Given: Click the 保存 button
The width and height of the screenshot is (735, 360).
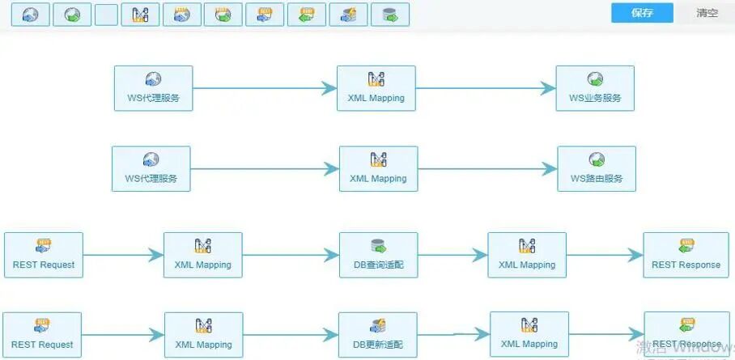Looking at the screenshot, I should click(x=642, y=13).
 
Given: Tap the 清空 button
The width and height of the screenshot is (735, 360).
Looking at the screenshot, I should click(x=707, y=13).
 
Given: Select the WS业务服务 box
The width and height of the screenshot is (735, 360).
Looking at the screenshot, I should click(x=595, y=88).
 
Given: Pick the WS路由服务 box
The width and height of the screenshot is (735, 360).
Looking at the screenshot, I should click(x=597, y=168).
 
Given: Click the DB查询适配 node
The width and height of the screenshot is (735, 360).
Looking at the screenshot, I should click(x=379, y=255).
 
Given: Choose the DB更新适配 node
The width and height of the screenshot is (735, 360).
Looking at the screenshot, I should click(x=379, y=335).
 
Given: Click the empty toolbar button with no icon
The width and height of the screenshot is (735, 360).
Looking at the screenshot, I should click(x=106, y=15).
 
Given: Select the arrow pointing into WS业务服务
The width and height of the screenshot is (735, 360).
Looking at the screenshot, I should click(x=486, y=88).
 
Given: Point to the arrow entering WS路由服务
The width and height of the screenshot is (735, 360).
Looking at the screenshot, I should click(x=487, y=168).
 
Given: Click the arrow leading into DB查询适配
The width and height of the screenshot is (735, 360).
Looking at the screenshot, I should click(x=291, y=255).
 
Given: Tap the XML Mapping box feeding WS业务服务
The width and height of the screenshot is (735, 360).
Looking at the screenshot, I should click(x=376, y=88).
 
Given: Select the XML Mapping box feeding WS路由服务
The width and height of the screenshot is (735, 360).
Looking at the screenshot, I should click(x=378, y=168).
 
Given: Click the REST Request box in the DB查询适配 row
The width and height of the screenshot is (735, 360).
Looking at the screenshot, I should click(x=44, y=255).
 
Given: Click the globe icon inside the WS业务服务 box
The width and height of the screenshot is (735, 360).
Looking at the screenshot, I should click(x=595, y=79).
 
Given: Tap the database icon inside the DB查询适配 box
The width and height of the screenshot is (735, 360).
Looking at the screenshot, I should click(x=378, y=245).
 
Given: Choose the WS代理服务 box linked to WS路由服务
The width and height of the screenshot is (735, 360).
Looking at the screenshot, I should click(x=151, y=168).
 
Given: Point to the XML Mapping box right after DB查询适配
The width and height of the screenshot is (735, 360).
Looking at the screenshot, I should click(x=527, y=255).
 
